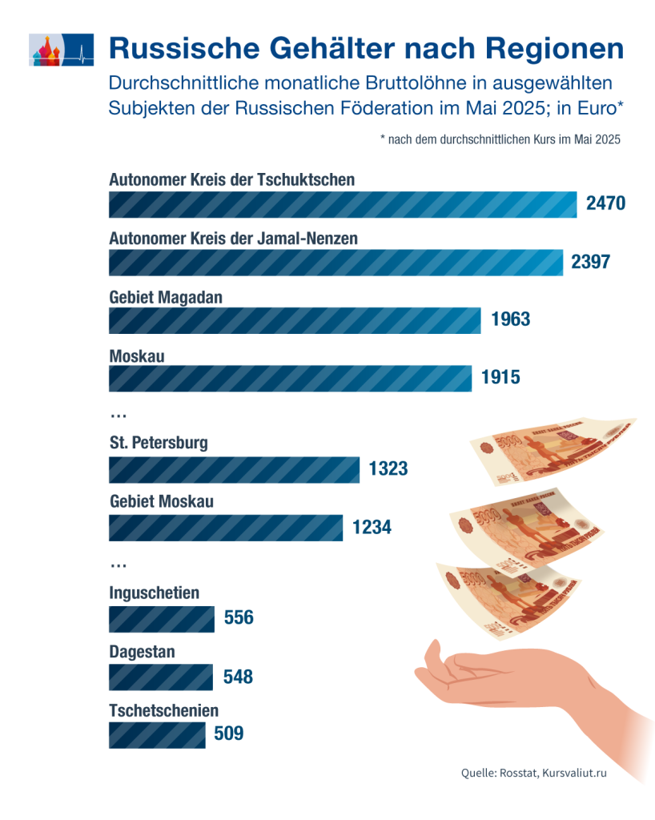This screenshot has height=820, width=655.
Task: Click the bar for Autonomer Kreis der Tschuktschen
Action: coord(343,205)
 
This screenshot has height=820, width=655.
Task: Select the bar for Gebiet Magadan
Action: coord(294,320)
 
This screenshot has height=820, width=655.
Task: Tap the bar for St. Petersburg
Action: coord(234,470)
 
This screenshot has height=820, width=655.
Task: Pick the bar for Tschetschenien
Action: coord(157,734)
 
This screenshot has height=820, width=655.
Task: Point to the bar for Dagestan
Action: coord(160,677)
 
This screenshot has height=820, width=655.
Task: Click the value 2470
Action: coord(605,204)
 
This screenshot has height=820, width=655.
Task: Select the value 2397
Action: coord(591,262)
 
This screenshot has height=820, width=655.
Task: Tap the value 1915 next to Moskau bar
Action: coord(500,378)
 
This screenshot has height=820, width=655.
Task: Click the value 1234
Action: coord(372,528)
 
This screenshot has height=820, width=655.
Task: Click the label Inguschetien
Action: coord(155,593)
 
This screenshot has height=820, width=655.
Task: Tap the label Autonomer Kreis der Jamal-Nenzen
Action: coord(233,238)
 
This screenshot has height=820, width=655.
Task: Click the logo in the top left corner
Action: coord(61,50)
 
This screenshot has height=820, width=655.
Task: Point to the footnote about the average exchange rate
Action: coord(500,139)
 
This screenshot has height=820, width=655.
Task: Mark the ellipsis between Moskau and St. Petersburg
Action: coord(119,415)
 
